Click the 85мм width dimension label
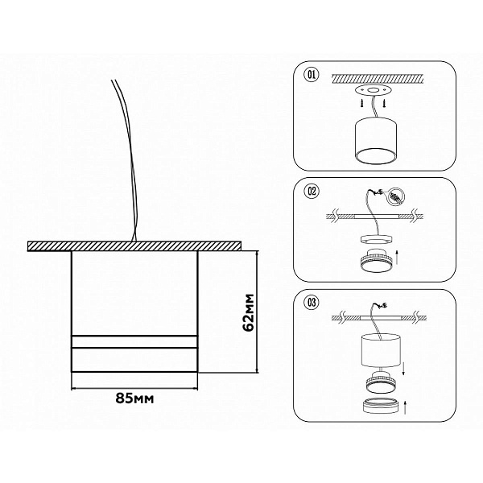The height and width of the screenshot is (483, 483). point(134,398)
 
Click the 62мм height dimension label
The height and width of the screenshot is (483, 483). point(249,312)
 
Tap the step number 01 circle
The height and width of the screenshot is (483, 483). point(312,75)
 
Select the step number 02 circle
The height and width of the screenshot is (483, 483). point(312,192)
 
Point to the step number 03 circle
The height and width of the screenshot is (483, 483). point(312,303)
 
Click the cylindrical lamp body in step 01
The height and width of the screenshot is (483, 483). point(376,140)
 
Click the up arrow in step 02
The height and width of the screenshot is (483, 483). point(397,258)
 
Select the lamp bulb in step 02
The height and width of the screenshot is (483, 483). point(375,260)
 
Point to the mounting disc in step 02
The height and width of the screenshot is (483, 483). point(376,240)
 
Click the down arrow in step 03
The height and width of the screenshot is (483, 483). point(403,369)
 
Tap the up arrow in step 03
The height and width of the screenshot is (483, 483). point(405,407)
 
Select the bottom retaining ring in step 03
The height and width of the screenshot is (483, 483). point(380,405)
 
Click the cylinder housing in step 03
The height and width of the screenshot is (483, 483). point(381,350)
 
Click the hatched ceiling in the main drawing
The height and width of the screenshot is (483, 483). point(134,246)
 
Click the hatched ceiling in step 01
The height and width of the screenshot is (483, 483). point(378,78)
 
